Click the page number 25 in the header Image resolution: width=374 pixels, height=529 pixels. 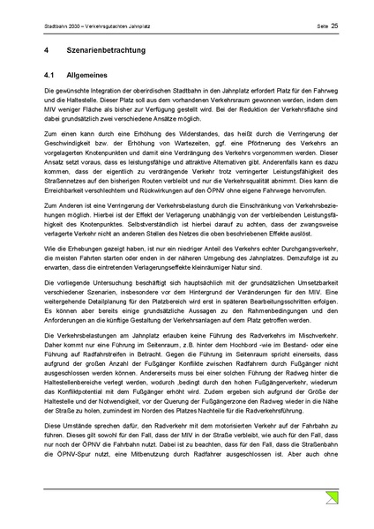pyautogui.click(x=334, y=27)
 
